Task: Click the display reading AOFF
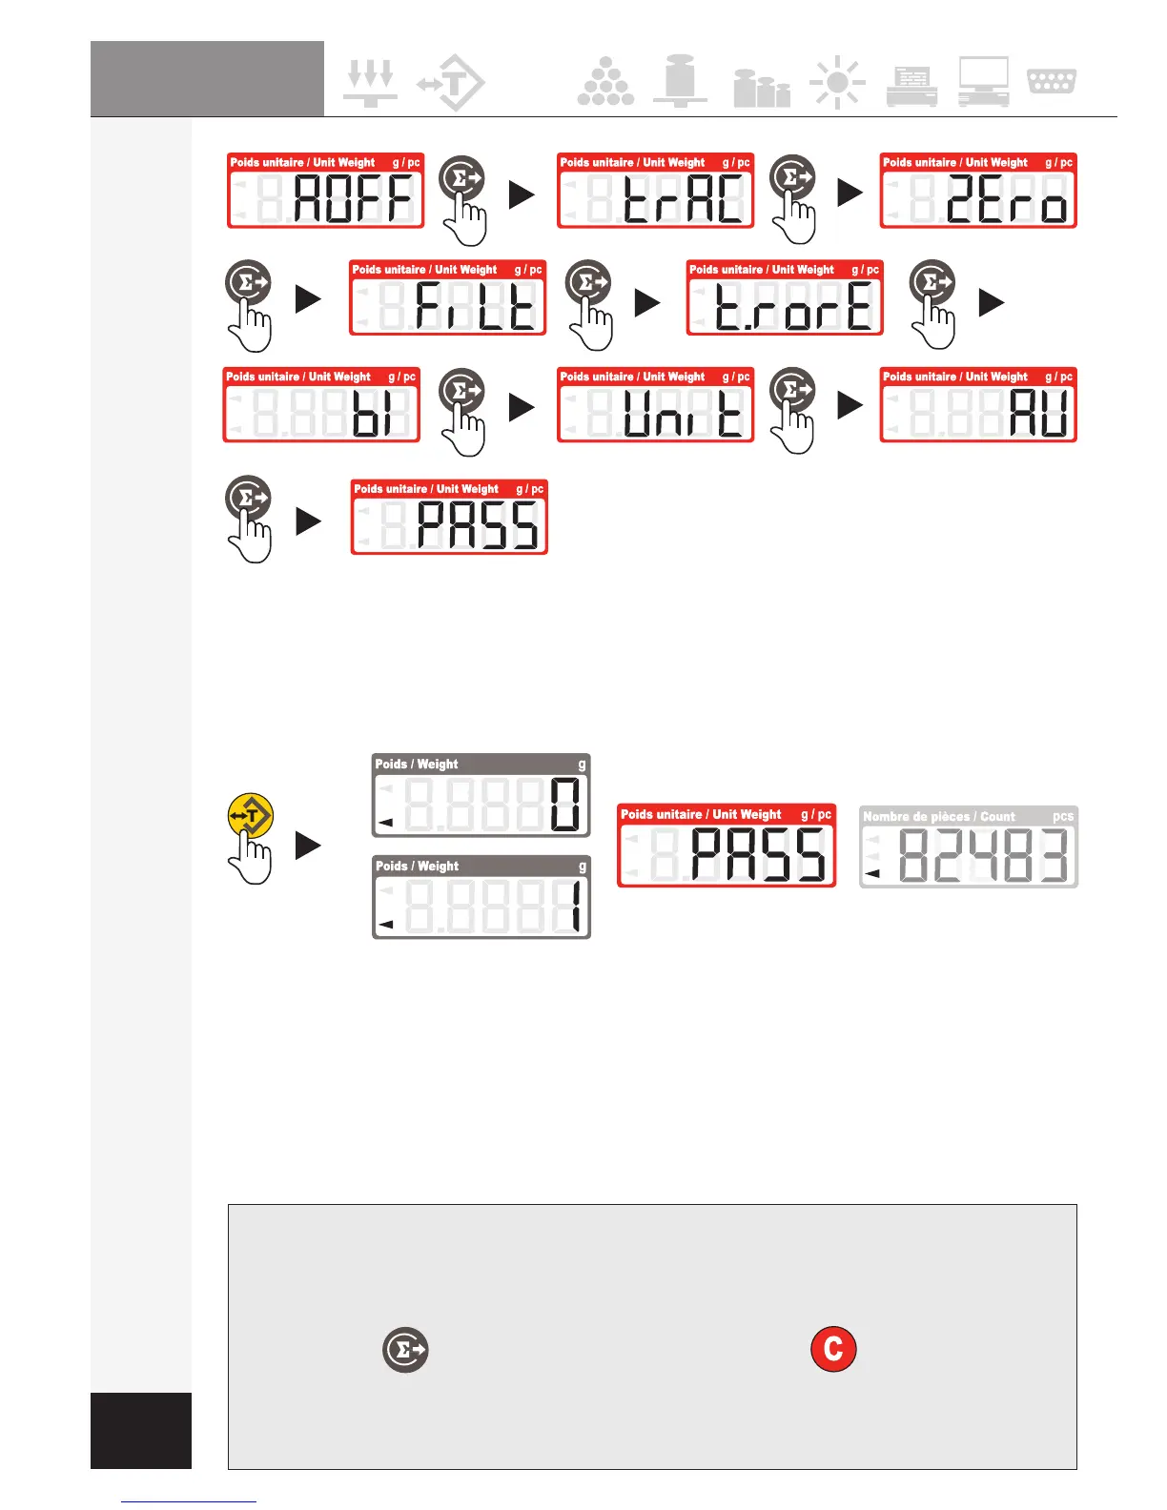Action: pyautogui.click(x=325, y=191)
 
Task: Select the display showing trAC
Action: pyautogui.click(x=655, y=191)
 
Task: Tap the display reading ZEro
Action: pyautogui.click(x=978, y=191)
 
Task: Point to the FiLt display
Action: pyautogui.click(x=448, y=297)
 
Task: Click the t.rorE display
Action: pyautogui.click(x=785, y=297)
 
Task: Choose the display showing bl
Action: pyautogui.click(x=321, y=405)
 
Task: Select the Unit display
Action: pyautogui.click(x=655, y=405)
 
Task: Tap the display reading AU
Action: pyautogui.click(x=978, y=405)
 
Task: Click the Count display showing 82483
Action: pyautogui.click(x=969, y=847)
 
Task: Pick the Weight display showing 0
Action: pyautogui.click(x=481, y=795)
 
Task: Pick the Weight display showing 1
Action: pyautogui.click(x=481, y=897)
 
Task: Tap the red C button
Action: pyautogui.click(x=833, y=1349)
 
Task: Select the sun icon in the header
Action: pyautogui.click(x=837, y=84)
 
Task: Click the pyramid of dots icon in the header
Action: pyautogui.click(x=605, y=82)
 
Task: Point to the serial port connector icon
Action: pyautogui.click(x=1052, y=81)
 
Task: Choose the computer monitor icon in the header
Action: pyautogui.click(x=984, y=82)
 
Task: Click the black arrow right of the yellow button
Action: pyautogui.click(x=308, y=846)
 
